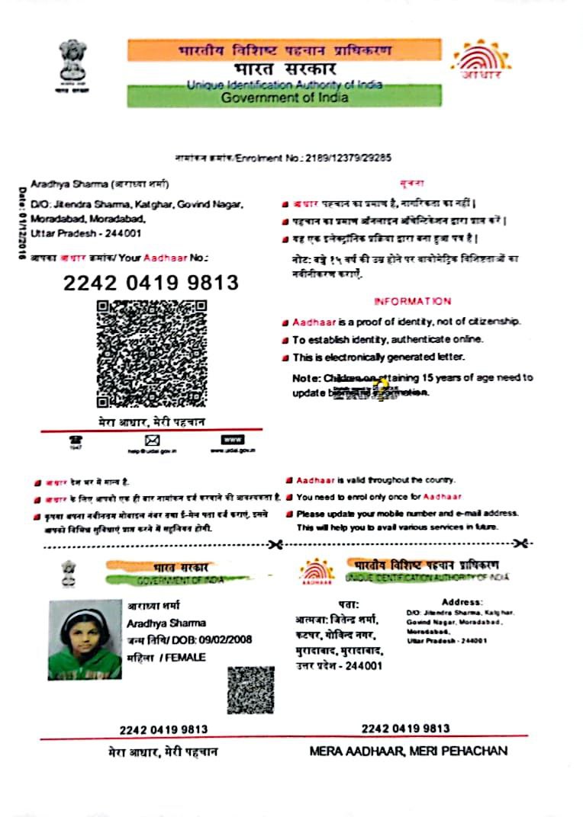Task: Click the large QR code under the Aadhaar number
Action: (151, 354)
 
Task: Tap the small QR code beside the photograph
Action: (250, 690)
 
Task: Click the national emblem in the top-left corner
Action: (73, 64)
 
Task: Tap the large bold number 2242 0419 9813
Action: (151, 283)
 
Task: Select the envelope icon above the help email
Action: (152, 441)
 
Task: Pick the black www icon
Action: (232, 440)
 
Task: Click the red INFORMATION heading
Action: (412, 301)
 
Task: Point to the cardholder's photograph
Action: (85, 639)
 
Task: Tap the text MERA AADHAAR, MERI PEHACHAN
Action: (408, 751)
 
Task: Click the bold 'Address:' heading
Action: (462, 602)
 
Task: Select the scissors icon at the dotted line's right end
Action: (522, 543)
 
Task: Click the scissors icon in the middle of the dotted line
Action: (276, 543)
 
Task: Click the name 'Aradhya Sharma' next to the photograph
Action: (156, 623)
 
